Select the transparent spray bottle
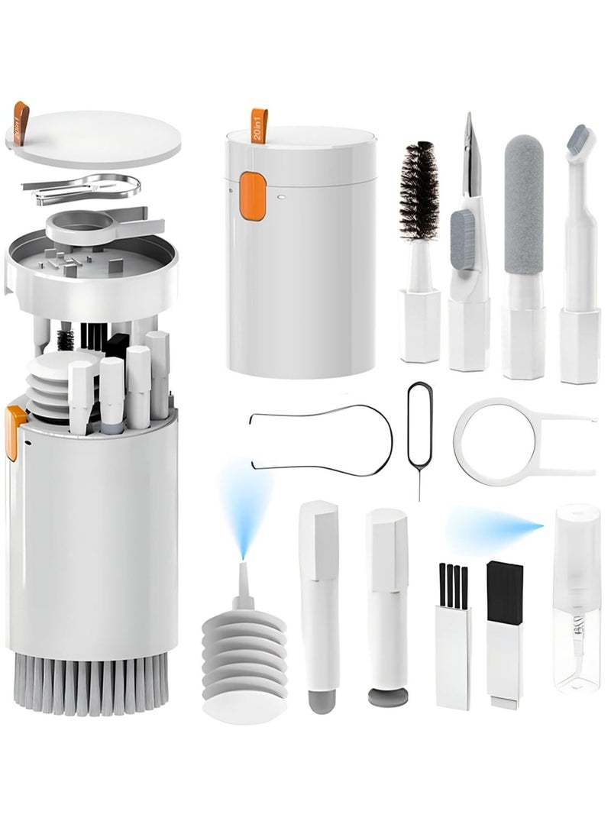tap(577, 603)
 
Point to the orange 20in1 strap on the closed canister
tap(259, 125)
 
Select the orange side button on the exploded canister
tap(14, 432)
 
